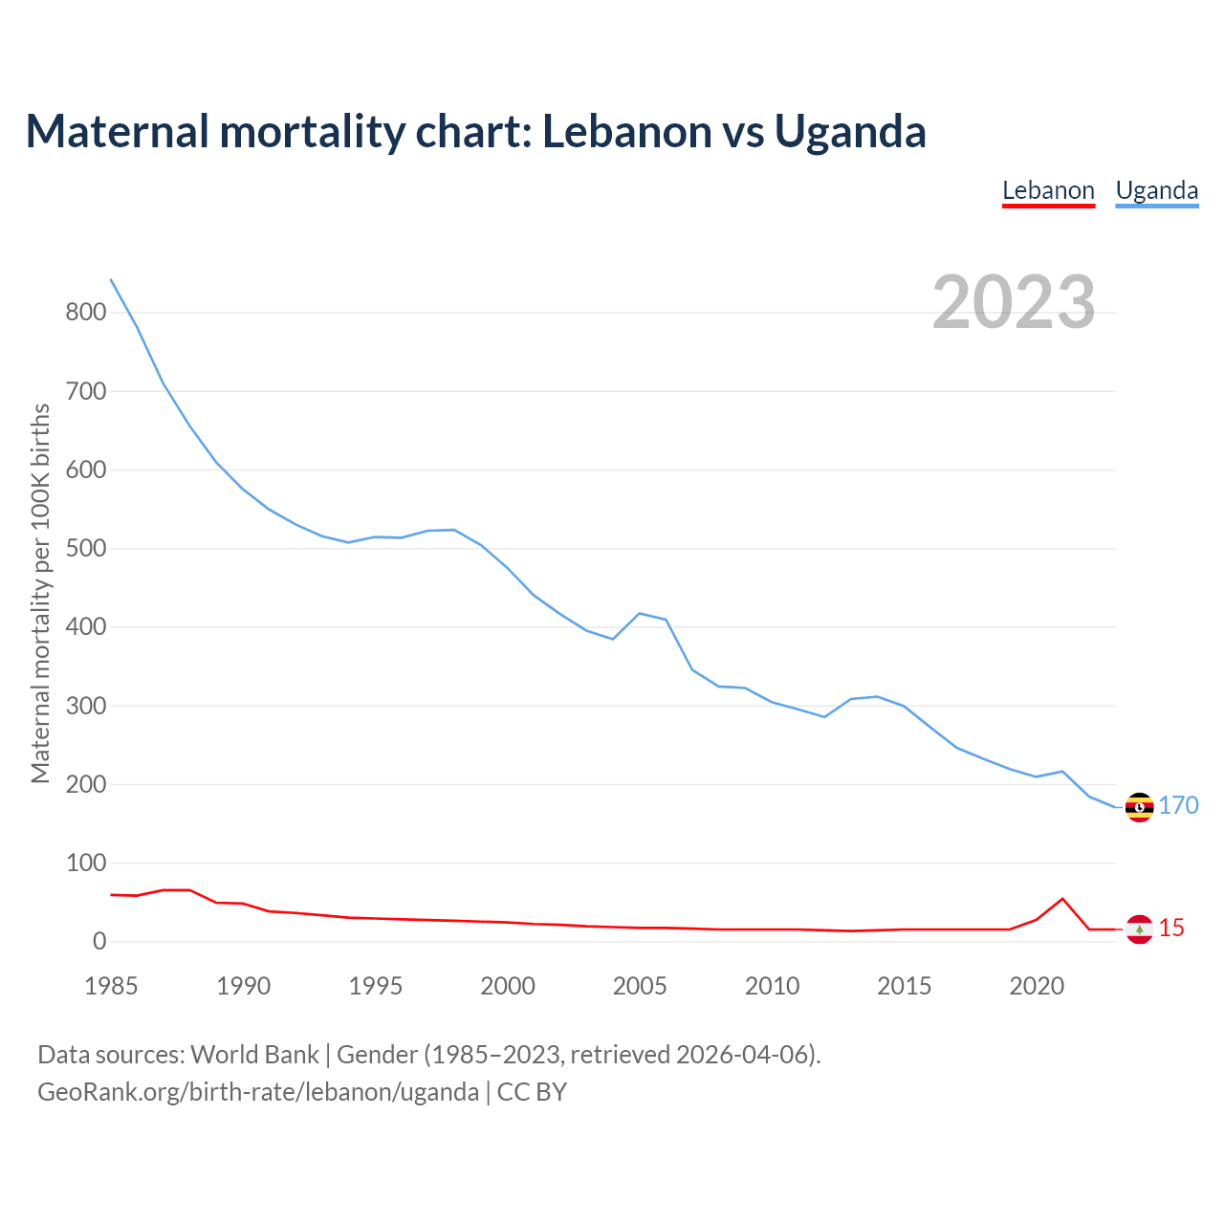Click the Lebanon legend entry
point(1048,190)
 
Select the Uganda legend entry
point(1157,190)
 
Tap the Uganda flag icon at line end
point(1139,807)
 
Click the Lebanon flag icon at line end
point(1139,929)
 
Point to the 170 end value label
point(1179,805)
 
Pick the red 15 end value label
point(1171,928)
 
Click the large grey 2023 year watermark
point(1014,302)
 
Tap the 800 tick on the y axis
point(85,312)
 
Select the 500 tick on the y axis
point(85,549)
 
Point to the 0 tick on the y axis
point(99,942)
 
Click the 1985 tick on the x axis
point(111,986)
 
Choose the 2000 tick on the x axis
point(508,986)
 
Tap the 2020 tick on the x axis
point(1037,986)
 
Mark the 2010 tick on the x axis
point(772,986)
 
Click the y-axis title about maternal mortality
point(40,593)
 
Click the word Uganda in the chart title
point(850,131)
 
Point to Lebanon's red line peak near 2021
point(1062,899)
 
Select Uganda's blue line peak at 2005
point(640,614)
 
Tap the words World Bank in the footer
point(254,1055)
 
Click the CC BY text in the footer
point(532,1092)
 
